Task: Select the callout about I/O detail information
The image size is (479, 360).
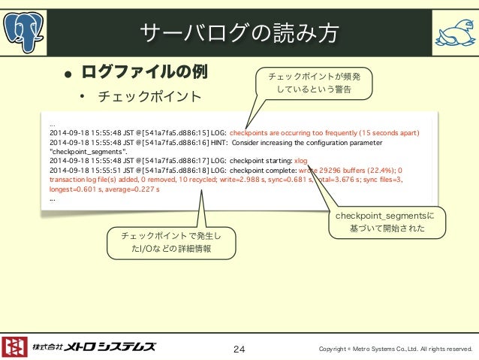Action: click(171, 242)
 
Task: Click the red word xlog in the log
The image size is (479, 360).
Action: click(301, 160)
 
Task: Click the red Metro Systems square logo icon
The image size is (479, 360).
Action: click(15, 346)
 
